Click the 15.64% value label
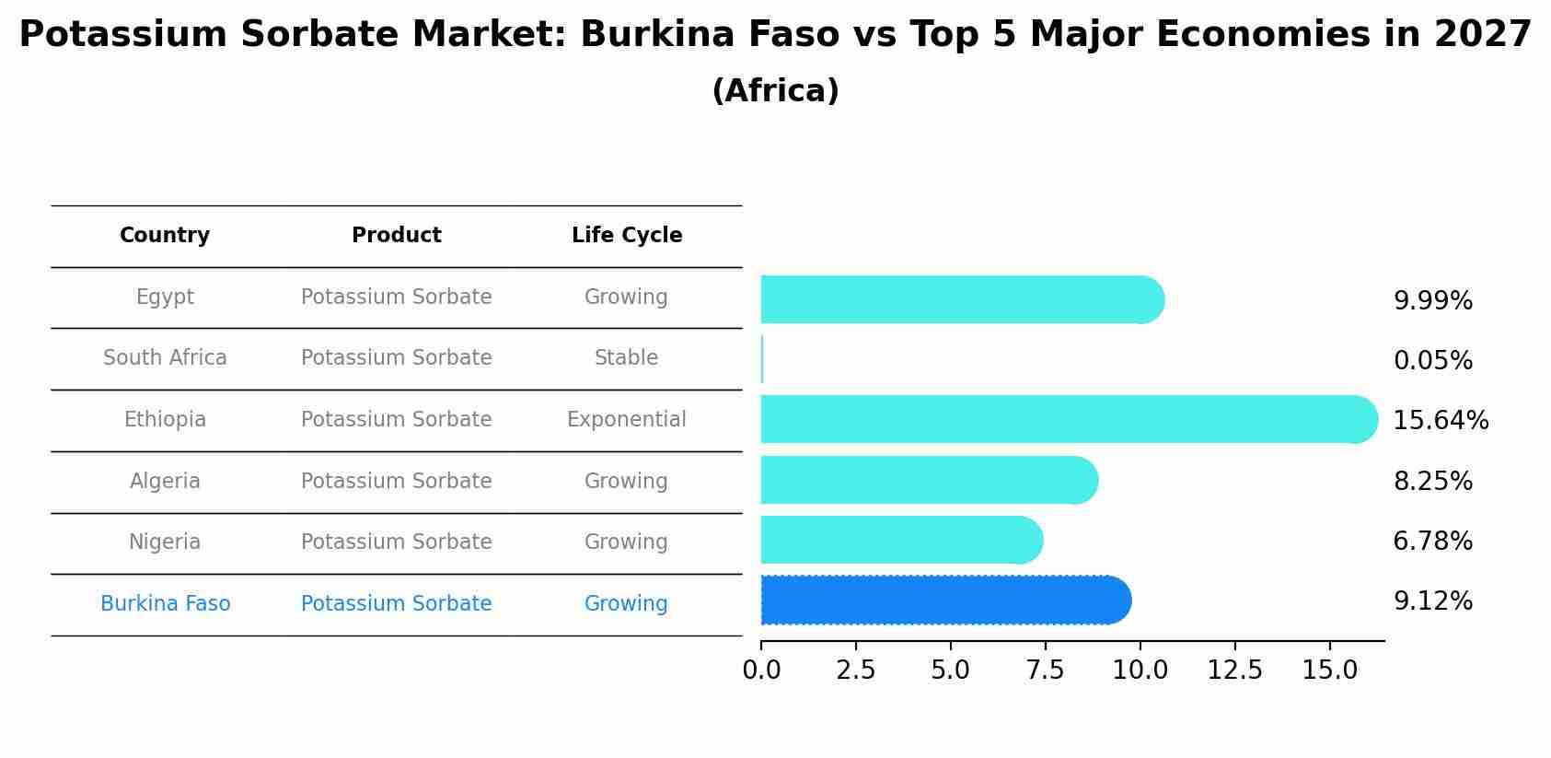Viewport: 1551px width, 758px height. coord(1440,421)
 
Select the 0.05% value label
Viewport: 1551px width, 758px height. coord(1432,361)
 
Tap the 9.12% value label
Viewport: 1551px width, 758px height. coord(1432,601)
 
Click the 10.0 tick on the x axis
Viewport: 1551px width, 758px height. coord(1140,671)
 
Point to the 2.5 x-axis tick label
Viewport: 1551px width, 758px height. coord(855,671)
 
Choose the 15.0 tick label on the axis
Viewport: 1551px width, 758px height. coord(1329,671)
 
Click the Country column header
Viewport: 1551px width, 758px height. coord(165,236)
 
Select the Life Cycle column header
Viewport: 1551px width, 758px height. coord(627,236)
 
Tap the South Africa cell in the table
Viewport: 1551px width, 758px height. coord(165,358)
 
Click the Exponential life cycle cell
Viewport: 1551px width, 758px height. coord(627,420)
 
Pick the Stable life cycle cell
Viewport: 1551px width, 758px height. coord(627,358)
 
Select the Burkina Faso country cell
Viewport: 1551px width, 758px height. coord(165,604)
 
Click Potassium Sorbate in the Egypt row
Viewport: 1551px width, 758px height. coord(396,297)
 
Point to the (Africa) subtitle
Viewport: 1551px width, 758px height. coord(775,91)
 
